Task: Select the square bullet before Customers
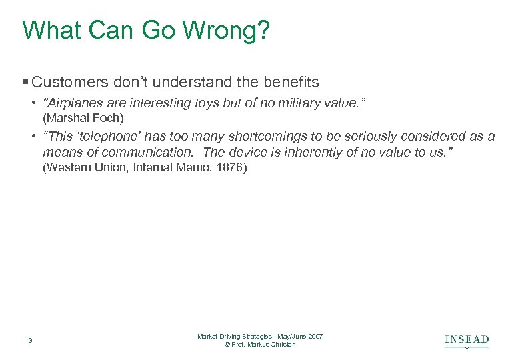pos(25,83)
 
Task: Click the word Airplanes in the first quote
pos(75,103)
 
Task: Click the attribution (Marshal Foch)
pos(83,118)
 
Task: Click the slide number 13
pos(28,341)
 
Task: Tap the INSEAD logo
pos(467,341)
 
